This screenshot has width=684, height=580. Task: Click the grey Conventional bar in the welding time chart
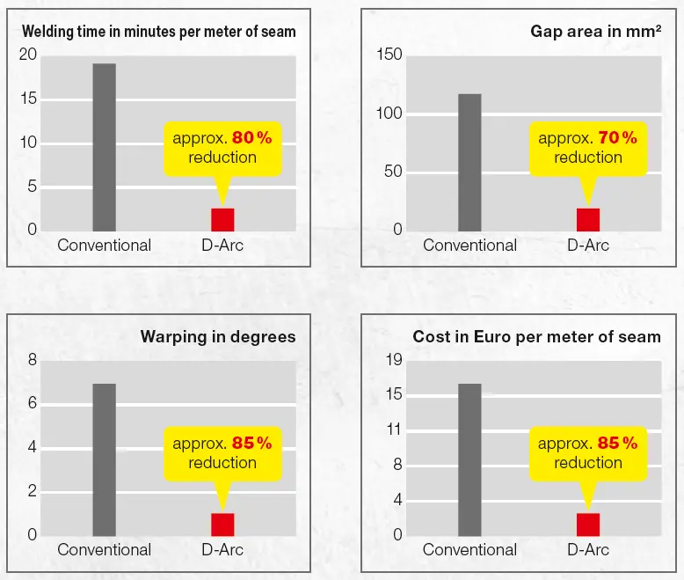coord(104,147)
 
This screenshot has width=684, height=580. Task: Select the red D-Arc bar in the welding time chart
coord(222,219)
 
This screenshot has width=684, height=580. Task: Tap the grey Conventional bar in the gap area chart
coord(469,162)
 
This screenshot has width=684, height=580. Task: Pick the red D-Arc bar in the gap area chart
coord(587,219)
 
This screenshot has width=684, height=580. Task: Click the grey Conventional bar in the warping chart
coord(104,459)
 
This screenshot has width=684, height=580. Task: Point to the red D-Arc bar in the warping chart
coord(222,524)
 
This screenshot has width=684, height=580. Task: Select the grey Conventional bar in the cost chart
coord(469,459)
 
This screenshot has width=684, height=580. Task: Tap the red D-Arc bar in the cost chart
coord(587,524)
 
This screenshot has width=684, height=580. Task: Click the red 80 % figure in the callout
coord(252,138)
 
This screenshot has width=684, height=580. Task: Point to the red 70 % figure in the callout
coord(617,138)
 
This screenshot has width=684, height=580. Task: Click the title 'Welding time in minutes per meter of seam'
coord(158,32)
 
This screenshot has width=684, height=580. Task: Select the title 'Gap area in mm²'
coord(595,32)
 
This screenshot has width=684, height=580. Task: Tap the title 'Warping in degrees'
coord(218,337)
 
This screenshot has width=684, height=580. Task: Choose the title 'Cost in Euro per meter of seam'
coord(536,337)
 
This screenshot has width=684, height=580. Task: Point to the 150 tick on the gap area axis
coord(389,55)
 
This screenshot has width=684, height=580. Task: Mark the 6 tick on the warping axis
coord(33,404)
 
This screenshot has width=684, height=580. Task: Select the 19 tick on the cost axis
coord(393,360)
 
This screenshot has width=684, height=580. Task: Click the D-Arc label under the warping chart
coord(222,550)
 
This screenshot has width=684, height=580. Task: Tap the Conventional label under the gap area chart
coord(469,246)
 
